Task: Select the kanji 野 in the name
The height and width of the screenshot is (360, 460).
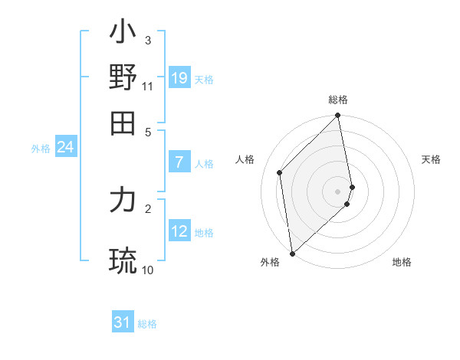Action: pos(123,77)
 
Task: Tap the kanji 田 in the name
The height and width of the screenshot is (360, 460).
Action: pos(123,123)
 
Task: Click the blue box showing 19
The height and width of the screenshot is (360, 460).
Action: pos(179,77)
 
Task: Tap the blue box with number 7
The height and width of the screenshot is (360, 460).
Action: pos(179,162)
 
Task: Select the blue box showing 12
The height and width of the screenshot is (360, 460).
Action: pos(179,231)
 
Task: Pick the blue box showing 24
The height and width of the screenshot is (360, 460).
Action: pos(65,147)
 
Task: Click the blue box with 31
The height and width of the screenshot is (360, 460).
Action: pos(123,322)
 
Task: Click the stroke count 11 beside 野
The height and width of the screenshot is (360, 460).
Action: pos(148,86)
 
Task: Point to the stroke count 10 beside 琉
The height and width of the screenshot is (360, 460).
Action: pos(148,270)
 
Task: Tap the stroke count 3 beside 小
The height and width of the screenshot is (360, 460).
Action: pos(148,40)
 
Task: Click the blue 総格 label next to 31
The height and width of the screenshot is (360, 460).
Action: pos(147,324)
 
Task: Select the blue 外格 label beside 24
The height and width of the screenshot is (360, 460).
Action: pos(40,149)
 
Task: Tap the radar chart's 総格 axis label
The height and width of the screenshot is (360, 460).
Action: pos(338,100)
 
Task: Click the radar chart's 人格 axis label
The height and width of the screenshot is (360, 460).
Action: pos(245,159)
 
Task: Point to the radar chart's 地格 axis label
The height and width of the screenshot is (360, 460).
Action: pos(402,262)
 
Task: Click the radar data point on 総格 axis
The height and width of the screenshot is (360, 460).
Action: pos(338,116)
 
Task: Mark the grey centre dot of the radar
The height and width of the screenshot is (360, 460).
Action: pos(338,191)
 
